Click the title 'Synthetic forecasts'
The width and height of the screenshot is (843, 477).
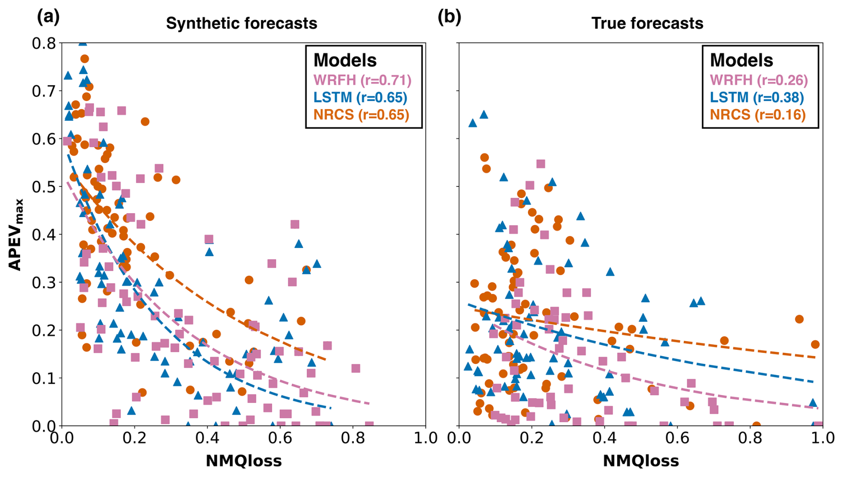pos(241,23)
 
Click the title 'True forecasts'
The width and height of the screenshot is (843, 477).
pos(647,23)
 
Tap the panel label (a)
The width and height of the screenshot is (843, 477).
pos(48,17)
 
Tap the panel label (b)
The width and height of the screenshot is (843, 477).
pos(449,17)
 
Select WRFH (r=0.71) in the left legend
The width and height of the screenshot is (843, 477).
pos(362,80)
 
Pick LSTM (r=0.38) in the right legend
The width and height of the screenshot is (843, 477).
pos(757,97)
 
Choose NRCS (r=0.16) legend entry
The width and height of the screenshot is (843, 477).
pos(757,115)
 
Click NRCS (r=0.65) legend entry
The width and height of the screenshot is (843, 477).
pos(361,115)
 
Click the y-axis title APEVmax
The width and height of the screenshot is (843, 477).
pos(15,234)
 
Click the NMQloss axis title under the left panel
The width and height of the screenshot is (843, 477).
pos(244,461)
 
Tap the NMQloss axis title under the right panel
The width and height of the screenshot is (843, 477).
pos(641,461)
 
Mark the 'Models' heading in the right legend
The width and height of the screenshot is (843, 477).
pos(741,60)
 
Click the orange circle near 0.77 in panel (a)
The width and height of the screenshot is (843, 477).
pos(85,59)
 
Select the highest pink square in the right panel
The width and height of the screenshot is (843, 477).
pos(540,164)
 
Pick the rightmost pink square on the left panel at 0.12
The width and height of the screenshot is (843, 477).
pos(356,368)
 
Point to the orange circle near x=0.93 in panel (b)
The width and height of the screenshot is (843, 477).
pos(799,319)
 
